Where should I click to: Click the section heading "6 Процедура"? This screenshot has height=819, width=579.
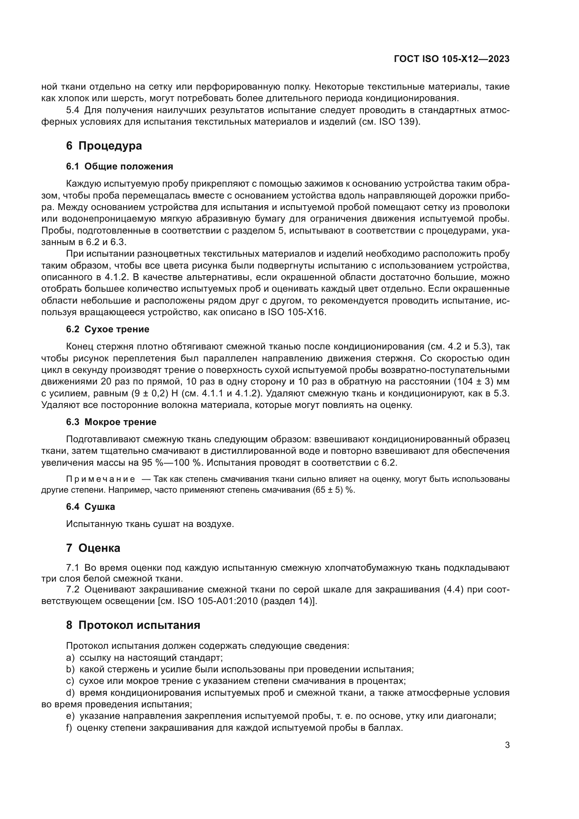click(x=104, y=146)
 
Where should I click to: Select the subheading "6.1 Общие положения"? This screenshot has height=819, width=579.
click(x=119, y=166)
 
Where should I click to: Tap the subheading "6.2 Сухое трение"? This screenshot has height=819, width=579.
click(x=107, y=329)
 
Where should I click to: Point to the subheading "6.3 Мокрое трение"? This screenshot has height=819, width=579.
click(x=111, y=422)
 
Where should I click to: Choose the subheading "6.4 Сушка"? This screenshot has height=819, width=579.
click(x=90, y=507)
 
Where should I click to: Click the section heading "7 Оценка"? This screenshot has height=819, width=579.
click(x=93, y=548)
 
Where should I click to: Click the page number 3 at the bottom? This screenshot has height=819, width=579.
click(x=507, y=745)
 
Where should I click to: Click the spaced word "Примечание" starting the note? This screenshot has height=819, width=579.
click(x=100, y=479)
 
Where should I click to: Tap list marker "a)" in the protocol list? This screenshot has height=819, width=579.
click(x=70, y=658)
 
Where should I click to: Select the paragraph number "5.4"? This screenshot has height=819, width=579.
click(x=73, y=110)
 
